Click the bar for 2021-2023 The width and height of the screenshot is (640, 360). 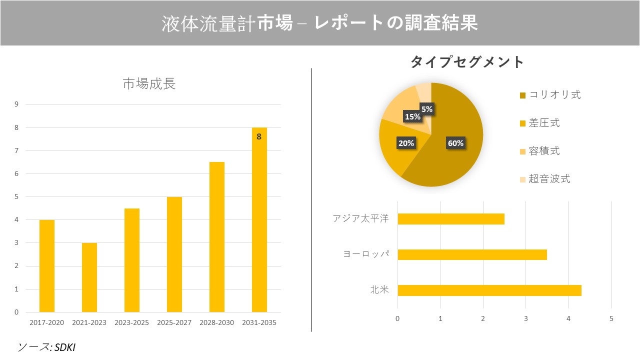coord(89,277)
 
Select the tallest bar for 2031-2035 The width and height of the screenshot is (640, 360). coord(259,220)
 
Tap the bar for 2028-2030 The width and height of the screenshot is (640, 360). coord(217,237)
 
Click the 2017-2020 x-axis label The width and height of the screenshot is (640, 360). coord(47,322)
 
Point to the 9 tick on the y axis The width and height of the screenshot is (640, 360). coord(16,104)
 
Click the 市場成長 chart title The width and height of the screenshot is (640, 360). coord(149,84)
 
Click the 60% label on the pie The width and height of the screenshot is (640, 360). coord(455,143)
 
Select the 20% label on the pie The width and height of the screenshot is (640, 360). coord(406,143)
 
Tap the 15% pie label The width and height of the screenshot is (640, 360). coord(412,117)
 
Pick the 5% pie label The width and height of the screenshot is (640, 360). coord(426,108)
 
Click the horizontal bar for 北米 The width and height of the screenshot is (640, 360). coord(489,290)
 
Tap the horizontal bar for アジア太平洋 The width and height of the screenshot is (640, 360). coord(451,219)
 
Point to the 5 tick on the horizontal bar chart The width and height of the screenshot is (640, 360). coord(611,318)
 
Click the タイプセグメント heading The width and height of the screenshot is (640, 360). coord(467,62)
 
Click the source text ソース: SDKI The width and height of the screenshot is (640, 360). coord(46,347)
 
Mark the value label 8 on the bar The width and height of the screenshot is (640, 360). coord(259,136)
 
